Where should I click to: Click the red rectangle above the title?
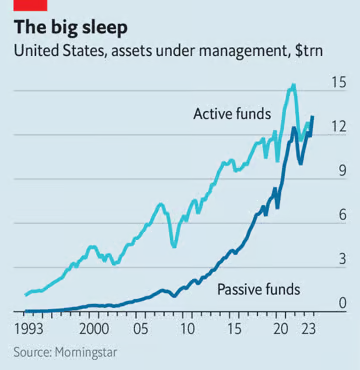[x=23, y=5]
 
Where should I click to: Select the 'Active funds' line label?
[x=231, y=114]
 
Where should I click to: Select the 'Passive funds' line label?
[x=258, y=290]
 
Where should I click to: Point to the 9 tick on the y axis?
[x=341, y=171]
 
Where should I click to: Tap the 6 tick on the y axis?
[x=341, y=215]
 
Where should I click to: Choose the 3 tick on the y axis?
[x=341, y=259]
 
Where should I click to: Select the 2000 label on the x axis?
[x=93, y=328]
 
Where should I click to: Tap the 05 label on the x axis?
[x=142, y=328]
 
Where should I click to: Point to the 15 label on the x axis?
[x=233, y=328]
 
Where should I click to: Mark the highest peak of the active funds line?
[x=293, y=85]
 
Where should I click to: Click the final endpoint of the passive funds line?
[x=312, y=117]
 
